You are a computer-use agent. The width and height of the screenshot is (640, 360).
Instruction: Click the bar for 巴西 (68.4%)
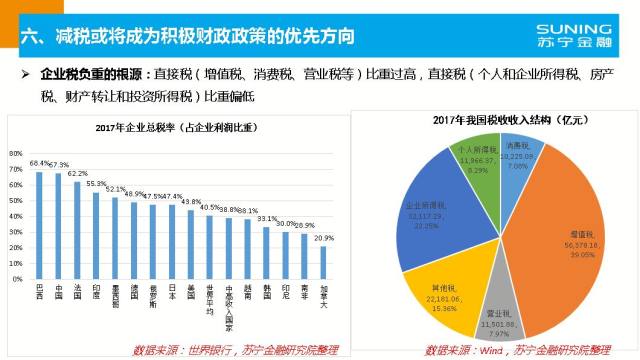pos(40,219)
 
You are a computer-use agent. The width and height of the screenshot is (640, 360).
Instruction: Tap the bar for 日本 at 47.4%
pos(171,236)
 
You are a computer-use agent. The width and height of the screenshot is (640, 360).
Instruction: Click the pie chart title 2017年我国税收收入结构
pos(506,120)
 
